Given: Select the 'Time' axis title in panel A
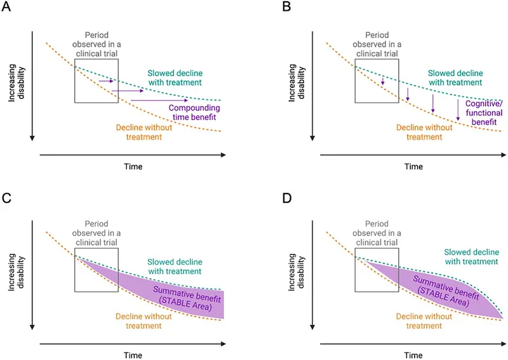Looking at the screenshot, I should pyautogui.click(x=133, y=166).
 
